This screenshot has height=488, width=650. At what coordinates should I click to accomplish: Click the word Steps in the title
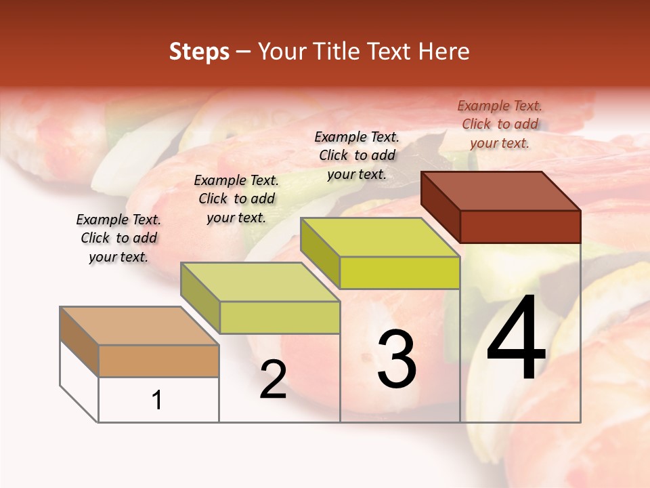199,52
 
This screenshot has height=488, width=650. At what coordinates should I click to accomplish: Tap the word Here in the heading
443,52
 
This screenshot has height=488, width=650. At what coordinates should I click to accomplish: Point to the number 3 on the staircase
397,359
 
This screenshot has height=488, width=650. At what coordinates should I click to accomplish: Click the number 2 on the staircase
273,380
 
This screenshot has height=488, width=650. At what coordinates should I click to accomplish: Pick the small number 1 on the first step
157,400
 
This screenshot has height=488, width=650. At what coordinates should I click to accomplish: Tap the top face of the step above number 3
380,237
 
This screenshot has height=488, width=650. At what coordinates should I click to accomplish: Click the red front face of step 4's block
520,226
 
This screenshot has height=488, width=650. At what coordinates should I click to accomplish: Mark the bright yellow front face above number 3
399,272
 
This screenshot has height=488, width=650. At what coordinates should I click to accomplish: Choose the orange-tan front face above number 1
158,361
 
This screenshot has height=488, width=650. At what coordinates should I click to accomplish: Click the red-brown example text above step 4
500,124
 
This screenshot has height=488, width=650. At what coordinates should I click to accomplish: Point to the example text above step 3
357,155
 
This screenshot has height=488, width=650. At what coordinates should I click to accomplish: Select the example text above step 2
236,199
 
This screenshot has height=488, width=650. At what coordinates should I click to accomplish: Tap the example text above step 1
118,238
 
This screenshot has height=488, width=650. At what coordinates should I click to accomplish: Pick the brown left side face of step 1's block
79,341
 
